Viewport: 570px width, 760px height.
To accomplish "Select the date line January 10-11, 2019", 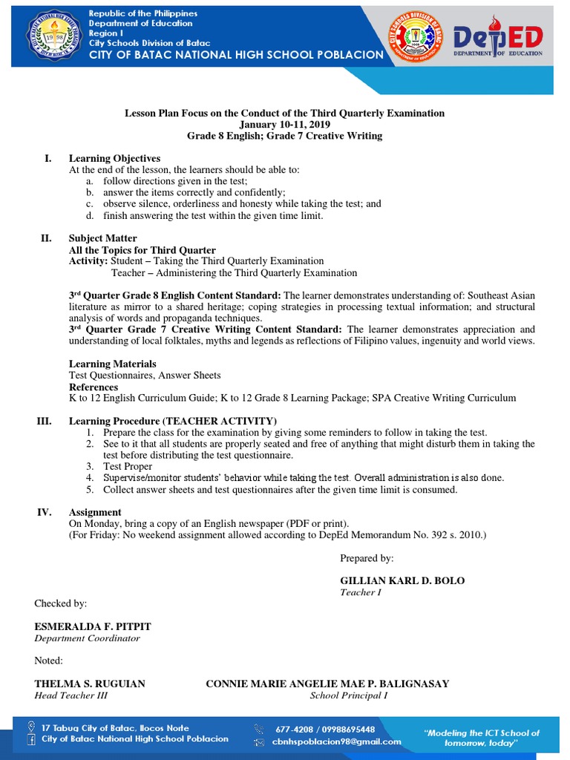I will (284, 125).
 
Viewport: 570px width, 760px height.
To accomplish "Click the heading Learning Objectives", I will (114, 159).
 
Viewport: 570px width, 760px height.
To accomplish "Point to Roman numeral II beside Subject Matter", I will (45, 238).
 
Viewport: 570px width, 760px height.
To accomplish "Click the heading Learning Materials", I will (112, 364).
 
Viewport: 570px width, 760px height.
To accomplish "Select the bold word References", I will (94, 387).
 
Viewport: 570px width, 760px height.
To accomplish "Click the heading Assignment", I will (95, 512).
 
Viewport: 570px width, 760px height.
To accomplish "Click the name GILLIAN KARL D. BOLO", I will (402, 580).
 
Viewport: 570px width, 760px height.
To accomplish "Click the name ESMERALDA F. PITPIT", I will (93, 626).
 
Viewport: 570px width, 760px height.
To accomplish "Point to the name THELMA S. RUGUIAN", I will (90, 684).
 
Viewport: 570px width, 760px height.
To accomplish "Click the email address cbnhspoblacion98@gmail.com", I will (336, 741).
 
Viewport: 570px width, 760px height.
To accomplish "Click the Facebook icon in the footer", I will (30, 739).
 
